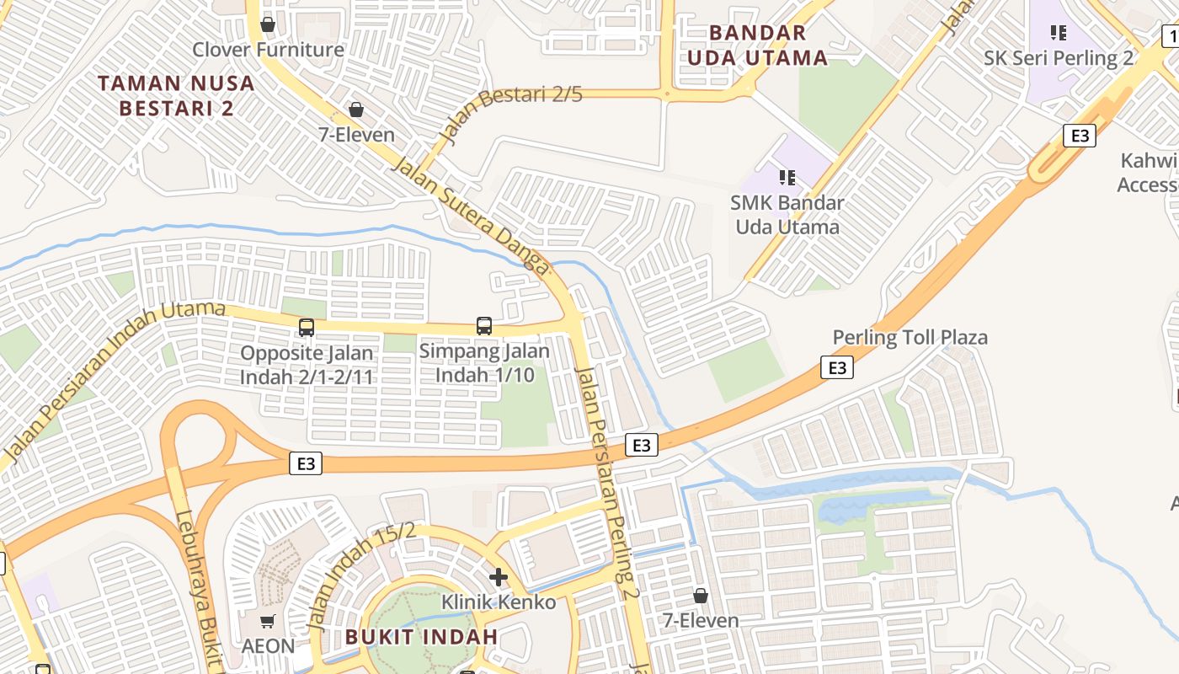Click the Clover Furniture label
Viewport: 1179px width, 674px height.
click(268, 50)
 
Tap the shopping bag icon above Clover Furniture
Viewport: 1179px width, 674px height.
click(268, 24)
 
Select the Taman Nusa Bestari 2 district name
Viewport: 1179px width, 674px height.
click(176, 95)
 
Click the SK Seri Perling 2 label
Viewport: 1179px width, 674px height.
click(1059, 58)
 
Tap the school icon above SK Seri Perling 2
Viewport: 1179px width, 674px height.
click(1059, 33)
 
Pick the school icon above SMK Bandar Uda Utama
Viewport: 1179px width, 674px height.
click(787, 177)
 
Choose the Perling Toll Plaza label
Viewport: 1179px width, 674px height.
click(910, 338)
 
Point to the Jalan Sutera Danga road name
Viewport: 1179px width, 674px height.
click(470, 214)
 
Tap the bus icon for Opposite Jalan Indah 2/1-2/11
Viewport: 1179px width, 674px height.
click(307, 327)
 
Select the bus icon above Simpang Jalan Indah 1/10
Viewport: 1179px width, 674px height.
click(484, 325)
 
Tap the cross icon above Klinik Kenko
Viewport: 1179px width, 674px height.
click(499, 577)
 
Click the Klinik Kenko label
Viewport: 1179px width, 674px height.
click(499, 602)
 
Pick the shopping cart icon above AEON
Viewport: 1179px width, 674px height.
click(268, 622)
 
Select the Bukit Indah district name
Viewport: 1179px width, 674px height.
click(421, 636)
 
